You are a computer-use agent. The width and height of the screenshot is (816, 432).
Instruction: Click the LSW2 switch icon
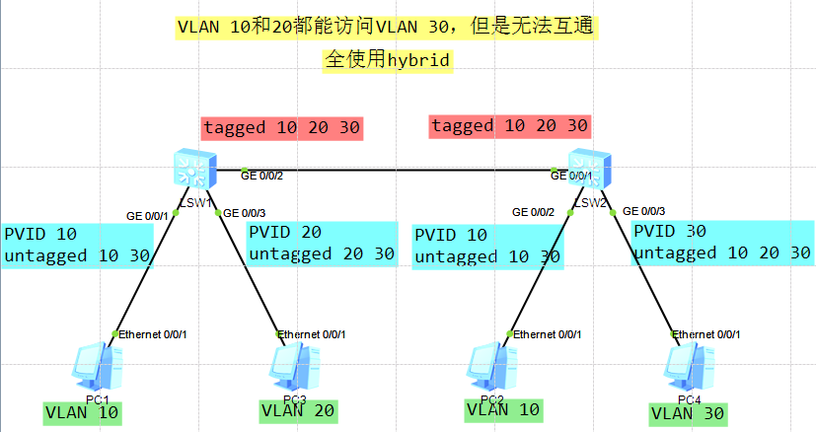[590, 170]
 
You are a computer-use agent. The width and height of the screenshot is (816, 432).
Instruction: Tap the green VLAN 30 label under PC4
[687, 413]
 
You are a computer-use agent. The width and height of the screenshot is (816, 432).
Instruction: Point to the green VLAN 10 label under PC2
[502, 410]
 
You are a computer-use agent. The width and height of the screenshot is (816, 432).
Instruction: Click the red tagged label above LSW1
[282, 127]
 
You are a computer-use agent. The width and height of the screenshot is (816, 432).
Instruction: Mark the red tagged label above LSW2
[509, 125]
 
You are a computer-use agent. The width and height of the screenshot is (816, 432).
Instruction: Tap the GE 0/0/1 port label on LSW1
[148, 215]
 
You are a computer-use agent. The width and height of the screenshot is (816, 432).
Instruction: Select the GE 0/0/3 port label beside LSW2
[643, 211]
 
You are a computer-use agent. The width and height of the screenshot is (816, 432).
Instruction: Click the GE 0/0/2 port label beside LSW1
[261, 176]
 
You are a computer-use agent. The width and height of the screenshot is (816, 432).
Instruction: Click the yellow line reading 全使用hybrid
[387, 60]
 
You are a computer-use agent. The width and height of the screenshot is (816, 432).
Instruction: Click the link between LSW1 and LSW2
[395, 171]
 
